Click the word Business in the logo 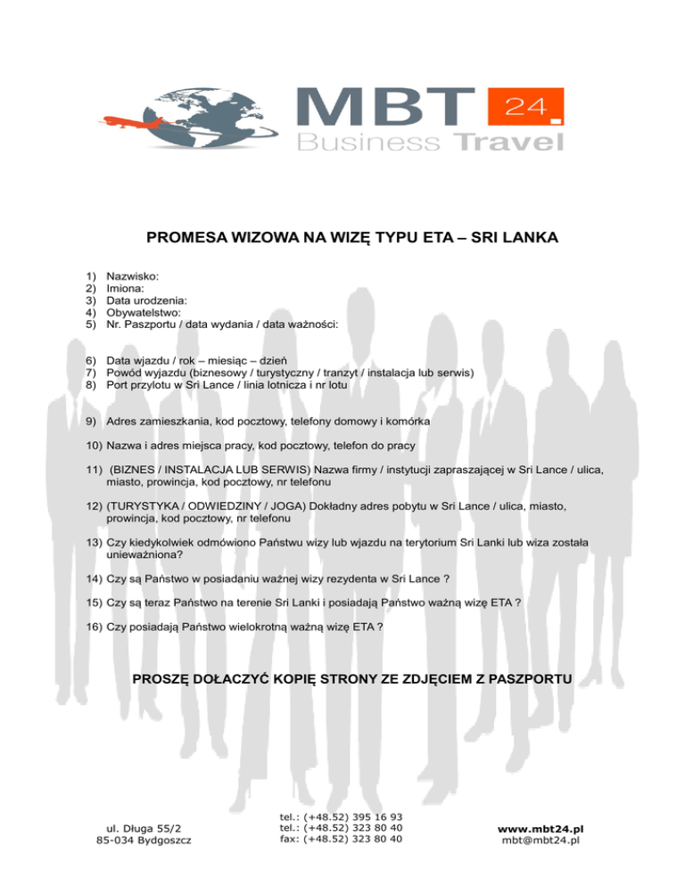click(x=368, y=143)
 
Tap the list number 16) click(x=94, y=628)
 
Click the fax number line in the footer click(x=340, y=838)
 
